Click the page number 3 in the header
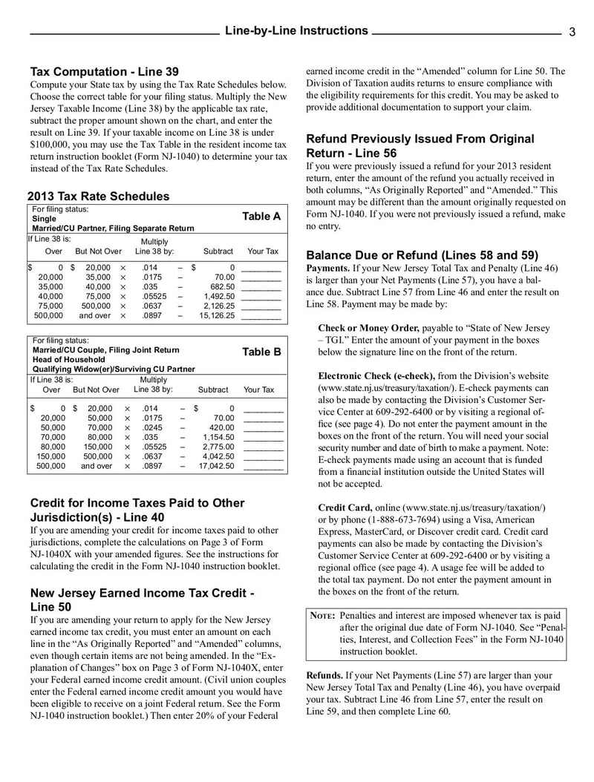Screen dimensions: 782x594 click(x=572, y=31)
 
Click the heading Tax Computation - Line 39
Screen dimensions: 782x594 click(x=104, y=72)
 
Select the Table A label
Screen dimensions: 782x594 click(x=261, y=217)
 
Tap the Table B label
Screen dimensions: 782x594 click(x=261, y=352)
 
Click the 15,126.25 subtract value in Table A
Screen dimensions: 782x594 click(x=217, y=315)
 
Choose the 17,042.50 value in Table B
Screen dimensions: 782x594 click(x=217, y=466)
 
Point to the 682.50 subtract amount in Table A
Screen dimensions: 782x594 click(x=222, y=286)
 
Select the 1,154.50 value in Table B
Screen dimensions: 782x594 click(x=218, y=437)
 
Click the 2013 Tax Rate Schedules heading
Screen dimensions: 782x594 click(x=98, y=197)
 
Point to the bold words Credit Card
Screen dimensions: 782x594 click(x=345, y=507)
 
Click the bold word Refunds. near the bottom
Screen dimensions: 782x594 click(x=324, y=676)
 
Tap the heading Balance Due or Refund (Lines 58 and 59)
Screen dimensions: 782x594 click(x=422, y=254)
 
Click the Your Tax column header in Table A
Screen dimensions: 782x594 click(x=263, y=252)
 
